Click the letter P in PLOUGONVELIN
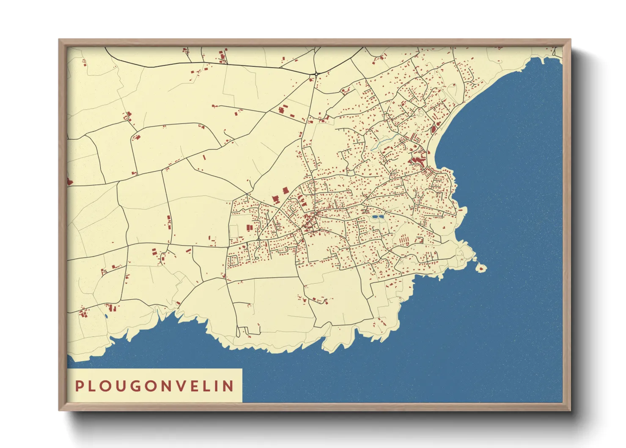79,386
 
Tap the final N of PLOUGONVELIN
229,386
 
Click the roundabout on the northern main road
316,75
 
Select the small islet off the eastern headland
481,268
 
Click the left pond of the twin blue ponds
374,217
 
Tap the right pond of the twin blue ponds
381,217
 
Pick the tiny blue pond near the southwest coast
106,315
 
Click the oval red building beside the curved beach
433,127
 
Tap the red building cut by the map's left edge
69,182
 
